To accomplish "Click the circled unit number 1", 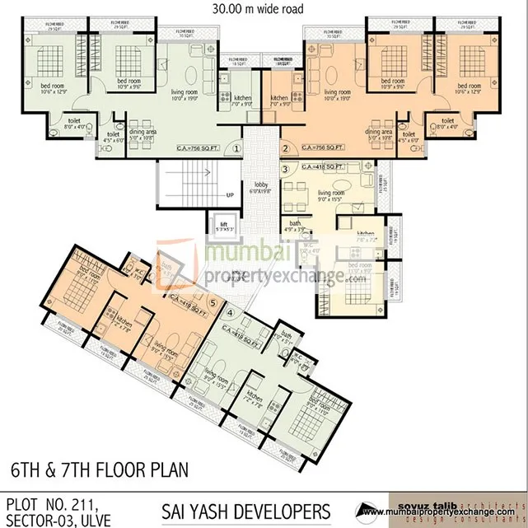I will pos(236,149).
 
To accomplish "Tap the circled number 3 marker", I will pos(285,170).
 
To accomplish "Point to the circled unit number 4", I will pos(231,313).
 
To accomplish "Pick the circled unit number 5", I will pos(213,302).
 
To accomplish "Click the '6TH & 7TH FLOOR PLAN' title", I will pos(99,470).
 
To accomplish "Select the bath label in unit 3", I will pos(295,225).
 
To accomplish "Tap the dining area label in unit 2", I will pos(378,134).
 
